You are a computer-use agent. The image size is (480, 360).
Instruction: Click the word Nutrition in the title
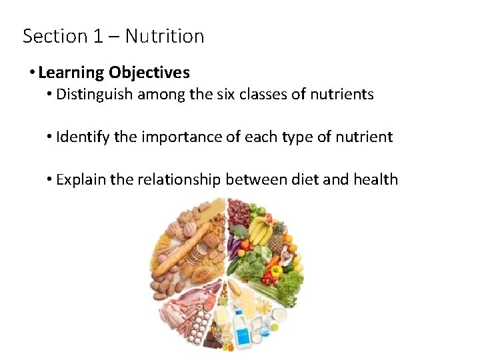(165, 36)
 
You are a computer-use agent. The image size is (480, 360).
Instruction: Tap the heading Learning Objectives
(113, 72)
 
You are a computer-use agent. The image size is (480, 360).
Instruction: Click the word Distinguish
(94, 94)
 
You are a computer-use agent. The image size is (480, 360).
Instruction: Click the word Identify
(83, 137)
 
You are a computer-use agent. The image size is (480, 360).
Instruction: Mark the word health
(373, 179)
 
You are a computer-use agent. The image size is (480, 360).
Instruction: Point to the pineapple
(277, 240)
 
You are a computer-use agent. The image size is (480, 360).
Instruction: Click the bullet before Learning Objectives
(32, 72)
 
